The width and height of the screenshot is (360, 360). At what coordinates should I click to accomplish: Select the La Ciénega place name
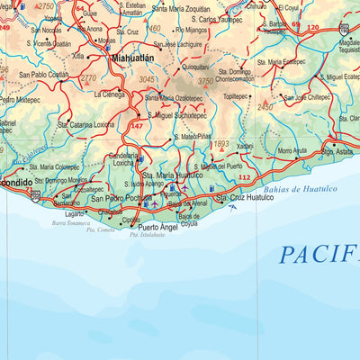[x=107, y=94]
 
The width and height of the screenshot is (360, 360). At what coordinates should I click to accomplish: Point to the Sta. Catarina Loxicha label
[x=89, y=125]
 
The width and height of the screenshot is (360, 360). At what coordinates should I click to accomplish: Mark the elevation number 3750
[x=206, y=81]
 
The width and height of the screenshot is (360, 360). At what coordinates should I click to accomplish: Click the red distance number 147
[x=137, y=126]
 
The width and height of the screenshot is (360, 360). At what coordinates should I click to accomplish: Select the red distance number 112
[x=244, y=177]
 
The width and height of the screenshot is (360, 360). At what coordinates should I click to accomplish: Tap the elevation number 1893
[x=222, y=143]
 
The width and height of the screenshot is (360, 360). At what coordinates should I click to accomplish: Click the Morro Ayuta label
[x=292, y=150]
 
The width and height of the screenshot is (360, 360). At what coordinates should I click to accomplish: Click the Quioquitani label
[x=195, y=66]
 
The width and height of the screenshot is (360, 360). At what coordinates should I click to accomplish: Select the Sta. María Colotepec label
[x=55, y=166]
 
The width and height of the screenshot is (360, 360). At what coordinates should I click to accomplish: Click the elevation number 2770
[x=88, y=79]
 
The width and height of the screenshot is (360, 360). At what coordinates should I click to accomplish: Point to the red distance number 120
[x=312, y=28]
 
